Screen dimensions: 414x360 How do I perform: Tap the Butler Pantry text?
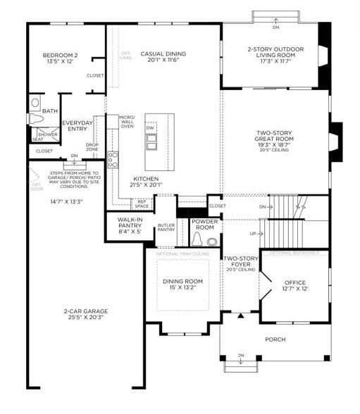166,227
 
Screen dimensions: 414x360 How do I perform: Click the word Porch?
275,340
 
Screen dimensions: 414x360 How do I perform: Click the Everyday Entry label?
77,125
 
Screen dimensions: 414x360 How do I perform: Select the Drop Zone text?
92,148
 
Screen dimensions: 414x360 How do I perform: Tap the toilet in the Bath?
36,103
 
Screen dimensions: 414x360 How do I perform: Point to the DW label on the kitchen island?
149,128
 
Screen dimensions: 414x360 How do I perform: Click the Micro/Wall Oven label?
126,121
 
